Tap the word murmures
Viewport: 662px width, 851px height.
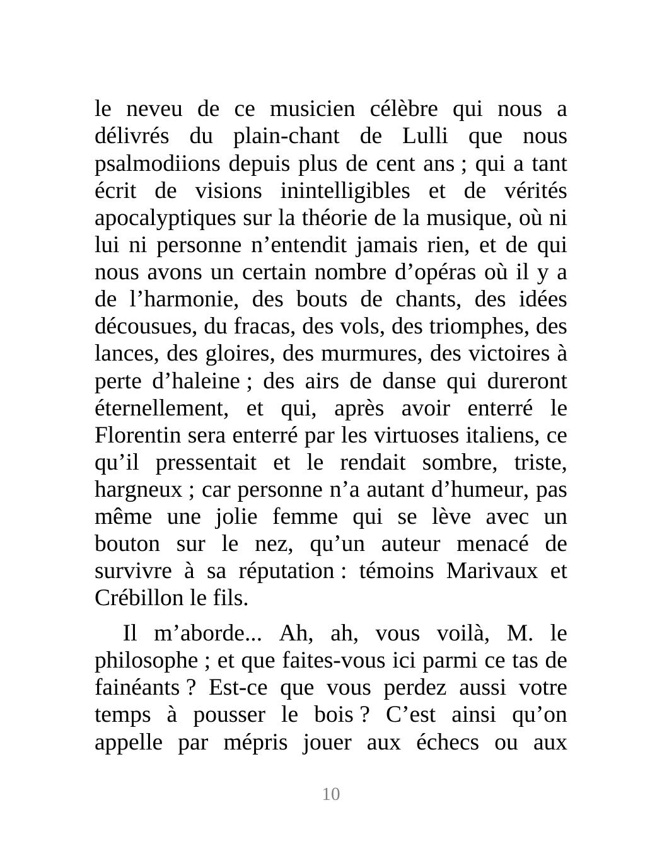pyautogui.click(x=383, y=354)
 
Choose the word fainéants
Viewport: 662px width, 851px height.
pyautogui.click(x=136, y=688)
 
